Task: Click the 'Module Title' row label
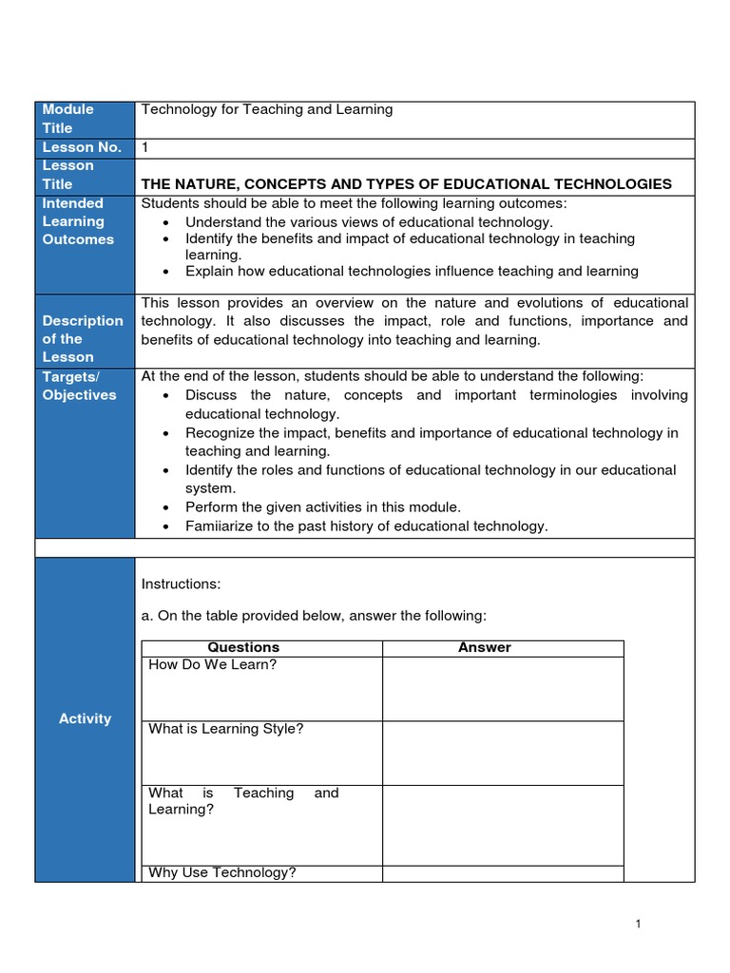[67, 119]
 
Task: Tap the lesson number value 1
[144, 147]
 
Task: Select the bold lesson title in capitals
[406, 184]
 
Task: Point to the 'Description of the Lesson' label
[82, 339]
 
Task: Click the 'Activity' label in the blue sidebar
[85, 719]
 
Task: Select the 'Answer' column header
[484, 648]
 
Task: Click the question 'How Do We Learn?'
[213, 665]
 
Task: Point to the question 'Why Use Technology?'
[222, 873]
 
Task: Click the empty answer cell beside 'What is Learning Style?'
[503, 753]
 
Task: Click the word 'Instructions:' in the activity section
[181, 583]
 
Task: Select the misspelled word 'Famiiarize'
[220, 526]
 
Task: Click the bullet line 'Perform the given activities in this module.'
[322, 507]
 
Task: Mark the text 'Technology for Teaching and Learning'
[267, 110]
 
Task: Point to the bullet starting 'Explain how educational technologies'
[412, 272]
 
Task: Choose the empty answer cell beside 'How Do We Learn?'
[503, 688]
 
